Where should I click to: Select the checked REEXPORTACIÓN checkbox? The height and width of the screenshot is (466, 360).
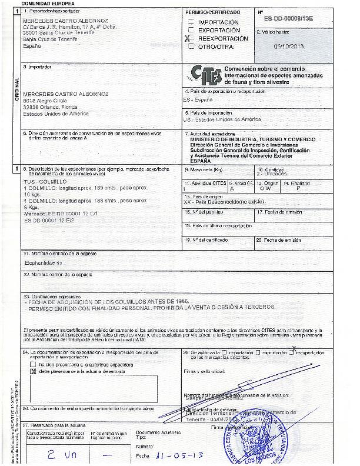click(190, 38)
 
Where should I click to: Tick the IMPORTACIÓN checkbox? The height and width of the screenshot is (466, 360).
click(190, 22)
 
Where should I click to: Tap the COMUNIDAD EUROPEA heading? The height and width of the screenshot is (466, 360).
click(44, 3)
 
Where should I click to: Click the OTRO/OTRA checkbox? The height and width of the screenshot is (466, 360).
click(190, 46)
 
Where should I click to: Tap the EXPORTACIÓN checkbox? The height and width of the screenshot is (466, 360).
click(190, 29)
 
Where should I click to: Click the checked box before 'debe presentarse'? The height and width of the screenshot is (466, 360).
click(33, 372)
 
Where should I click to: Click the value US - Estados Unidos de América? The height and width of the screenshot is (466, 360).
click(222, 119)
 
